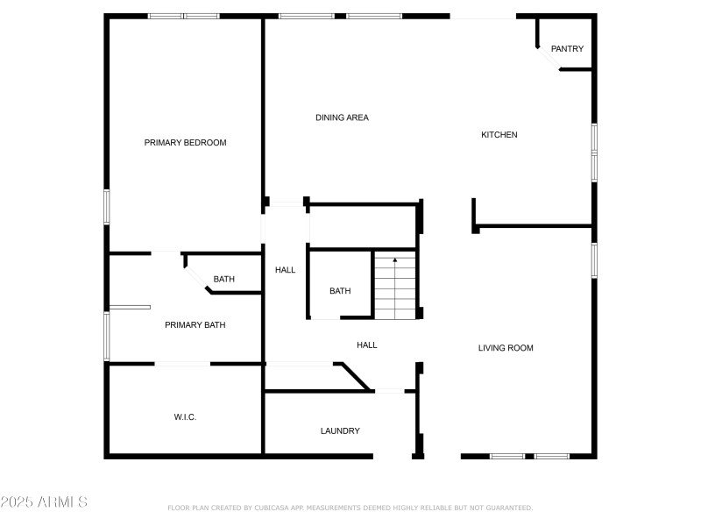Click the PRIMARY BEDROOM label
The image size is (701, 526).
point(185,143)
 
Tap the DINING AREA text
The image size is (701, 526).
point(342,117)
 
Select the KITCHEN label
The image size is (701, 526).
point(499,135)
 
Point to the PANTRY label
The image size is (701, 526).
point(567,49)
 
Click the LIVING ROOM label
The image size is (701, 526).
point(506,348)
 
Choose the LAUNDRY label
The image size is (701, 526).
point(340,430)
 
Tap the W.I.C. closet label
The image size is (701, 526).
point(185,417)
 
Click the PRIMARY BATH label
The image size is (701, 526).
point(195,325)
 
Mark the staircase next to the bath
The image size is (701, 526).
point(395,288)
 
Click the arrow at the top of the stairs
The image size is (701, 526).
point(395,260)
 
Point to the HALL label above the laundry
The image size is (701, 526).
point(367,345)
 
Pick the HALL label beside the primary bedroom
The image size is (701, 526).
point(286,270)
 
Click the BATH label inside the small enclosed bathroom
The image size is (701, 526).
point(340,291)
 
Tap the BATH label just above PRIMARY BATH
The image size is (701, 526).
point(224,280)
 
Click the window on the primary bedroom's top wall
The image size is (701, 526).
point(183,16)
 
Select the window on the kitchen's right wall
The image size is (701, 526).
point(594,153)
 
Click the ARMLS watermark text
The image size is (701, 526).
point(44,502)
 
